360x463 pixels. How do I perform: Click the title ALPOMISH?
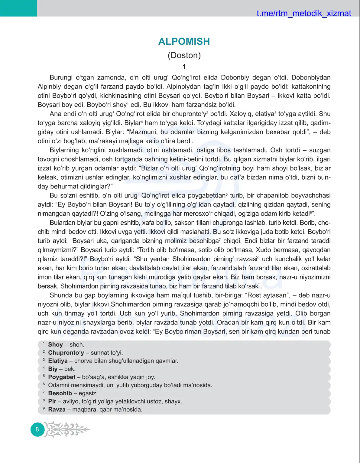click(184, 41)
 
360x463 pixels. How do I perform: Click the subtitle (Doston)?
click(184, 55)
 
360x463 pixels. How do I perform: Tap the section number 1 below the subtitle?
click(184, 67)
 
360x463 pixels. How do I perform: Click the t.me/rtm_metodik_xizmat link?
click(304, 13)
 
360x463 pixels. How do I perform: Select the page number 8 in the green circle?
click(37, 429)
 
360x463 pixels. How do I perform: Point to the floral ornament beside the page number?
click(66, 429)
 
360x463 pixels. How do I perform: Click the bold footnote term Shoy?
click(55, 344)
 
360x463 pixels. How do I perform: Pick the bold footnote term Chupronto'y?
click(66, 353)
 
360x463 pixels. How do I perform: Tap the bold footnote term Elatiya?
click(58, 361)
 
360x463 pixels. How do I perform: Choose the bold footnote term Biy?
click(53, 369)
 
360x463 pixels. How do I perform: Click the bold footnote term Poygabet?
click(62, 377)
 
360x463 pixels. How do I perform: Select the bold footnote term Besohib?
click(60, 393)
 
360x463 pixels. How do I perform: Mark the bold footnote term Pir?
click(52, 401)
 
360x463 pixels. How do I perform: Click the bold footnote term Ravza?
click(57, 409)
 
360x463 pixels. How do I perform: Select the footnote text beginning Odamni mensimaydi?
click(130, 385)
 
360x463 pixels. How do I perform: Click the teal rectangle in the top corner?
click(18, 8)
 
